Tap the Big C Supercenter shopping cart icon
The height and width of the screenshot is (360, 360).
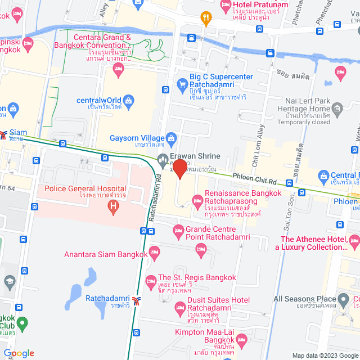tap(182, 85)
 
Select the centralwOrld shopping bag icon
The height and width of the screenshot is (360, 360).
tap(129, 101)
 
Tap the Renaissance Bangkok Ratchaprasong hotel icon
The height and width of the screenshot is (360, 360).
tap(197, 200)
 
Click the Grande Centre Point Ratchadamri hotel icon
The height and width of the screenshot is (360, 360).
tap(178, 229)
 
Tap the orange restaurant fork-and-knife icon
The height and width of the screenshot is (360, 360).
tap(207, 17)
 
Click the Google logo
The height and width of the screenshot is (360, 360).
tap(19, 353)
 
